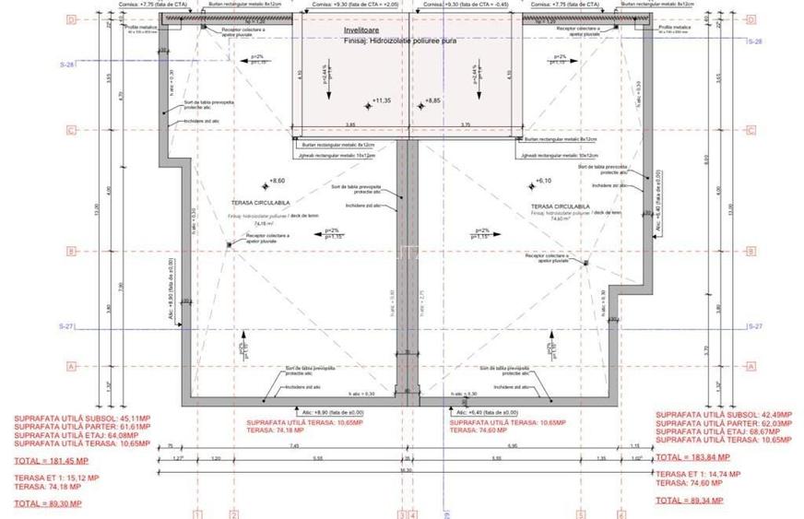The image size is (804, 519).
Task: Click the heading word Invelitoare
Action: point(362,30)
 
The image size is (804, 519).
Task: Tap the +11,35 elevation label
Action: point(381,100)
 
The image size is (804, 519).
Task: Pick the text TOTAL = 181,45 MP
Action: point(51,460)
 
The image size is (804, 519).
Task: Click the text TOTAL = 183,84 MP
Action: point(692,456)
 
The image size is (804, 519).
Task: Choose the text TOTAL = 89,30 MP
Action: point(48,503)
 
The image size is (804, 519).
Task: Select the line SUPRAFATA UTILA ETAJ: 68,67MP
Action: point(722,432)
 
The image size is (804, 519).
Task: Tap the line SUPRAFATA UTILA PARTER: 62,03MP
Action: point(722,424)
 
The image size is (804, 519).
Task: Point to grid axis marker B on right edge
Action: point(751,251)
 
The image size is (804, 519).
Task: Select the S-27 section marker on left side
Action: point(67,327)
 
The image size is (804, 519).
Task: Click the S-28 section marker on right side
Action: point(754,41)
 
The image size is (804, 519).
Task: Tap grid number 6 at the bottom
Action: point(621,514)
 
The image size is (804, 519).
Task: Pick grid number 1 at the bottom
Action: point(197,514)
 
